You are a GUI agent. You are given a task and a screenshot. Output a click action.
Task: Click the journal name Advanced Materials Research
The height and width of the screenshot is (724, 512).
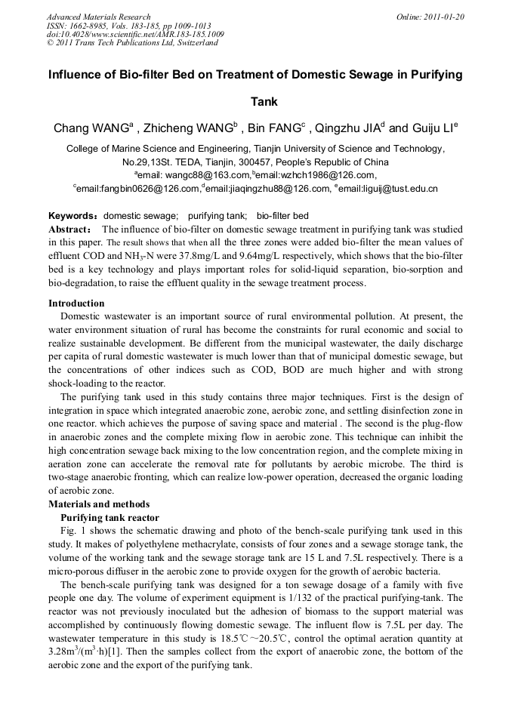(98, 17)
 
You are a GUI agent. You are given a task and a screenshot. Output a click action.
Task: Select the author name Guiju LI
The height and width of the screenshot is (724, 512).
(433, 128)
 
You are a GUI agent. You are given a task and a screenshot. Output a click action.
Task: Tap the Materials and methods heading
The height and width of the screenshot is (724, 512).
(99, 504)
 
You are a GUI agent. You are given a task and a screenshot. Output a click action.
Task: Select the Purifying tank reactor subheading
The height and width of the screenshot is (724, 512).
(109, 517)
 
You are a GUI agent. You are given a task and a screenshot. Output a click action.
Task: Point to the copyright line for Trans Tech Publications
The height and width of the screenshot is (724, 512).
(132, 43)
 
